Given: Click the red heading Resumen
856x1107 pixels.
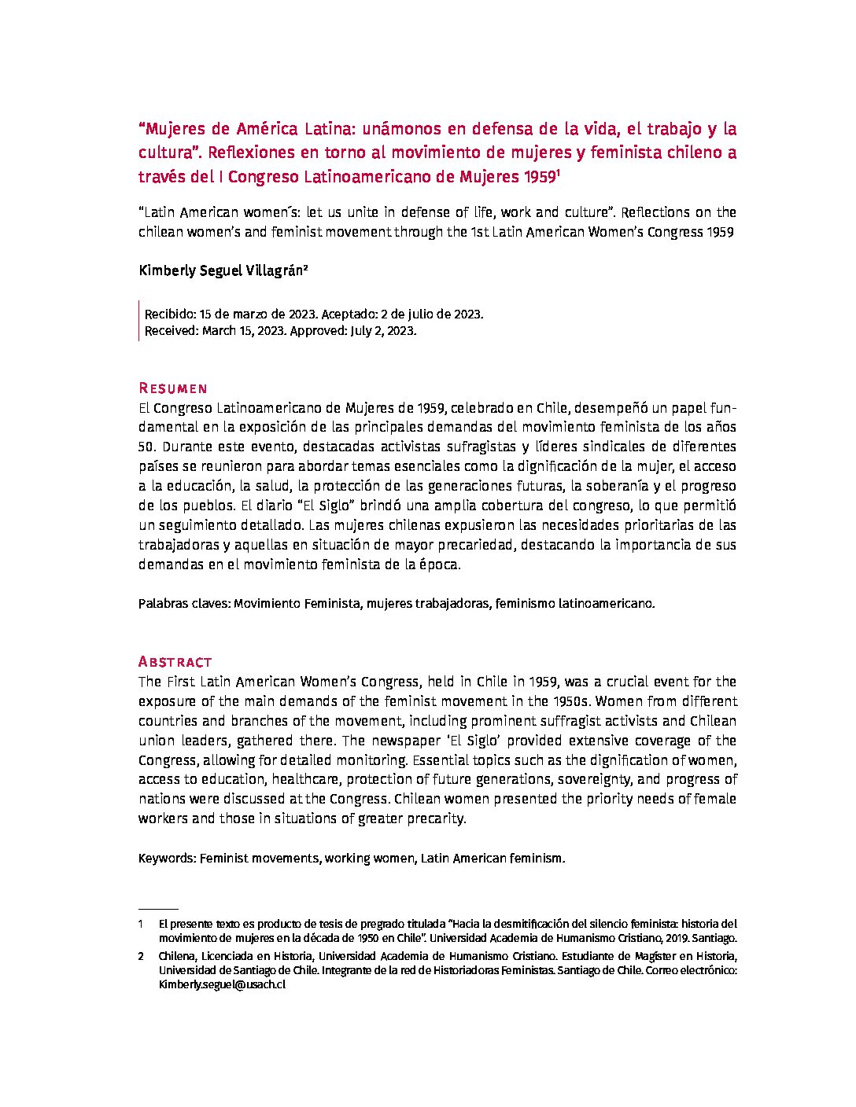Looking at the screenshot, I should [172, 388].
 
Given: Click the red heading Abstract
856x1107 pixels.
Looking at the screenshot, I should [175, 662].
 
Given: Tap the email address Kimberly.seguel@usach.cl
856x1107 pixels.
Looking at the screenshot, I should [222, 984].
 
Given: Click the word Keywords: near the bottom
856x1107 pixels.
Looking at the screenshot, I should [167, 859].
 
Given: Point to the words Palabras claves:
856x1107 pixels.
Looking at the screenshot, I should [184, 604].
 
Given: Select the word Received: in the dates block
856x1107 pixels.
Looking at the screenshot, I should [172, 331].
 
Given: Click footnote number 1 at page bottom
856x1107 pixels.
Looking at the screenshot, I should [141, 924].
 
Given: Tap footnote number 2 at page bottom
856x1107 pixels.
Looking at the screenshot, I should [141, 956].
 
